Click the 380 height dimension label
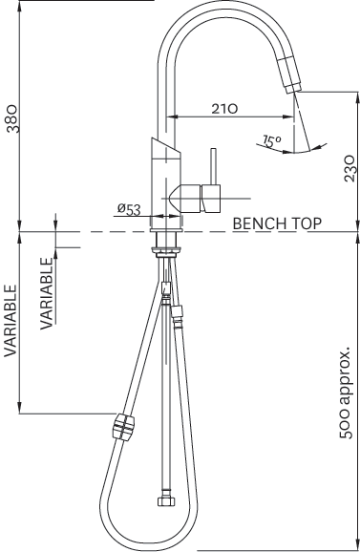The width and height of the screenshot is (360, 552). (x=13, y=118)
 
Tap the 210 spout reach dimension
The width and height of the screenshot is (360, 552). (x=224, y=109)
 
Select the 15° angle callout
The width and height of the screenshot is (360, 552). (x=272, y=140)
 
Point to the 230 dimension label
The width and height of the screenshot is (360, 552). (x=349, y=168)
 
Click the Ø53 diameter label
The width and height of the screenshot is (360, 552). (x=129, y=209)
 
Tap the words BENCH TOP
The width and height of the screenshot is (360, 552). (x=277, y=223)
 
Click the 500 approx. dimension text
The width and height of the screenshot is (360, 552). (x=346, y=393)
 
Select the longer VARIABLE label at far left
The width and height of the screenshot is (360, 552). (x=11, y=321)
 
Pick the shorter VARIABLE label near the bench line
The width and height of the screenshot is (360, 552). (x=47, y=294)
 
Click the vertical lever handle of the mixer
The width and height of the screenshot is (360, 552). (x=213, y=166)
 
